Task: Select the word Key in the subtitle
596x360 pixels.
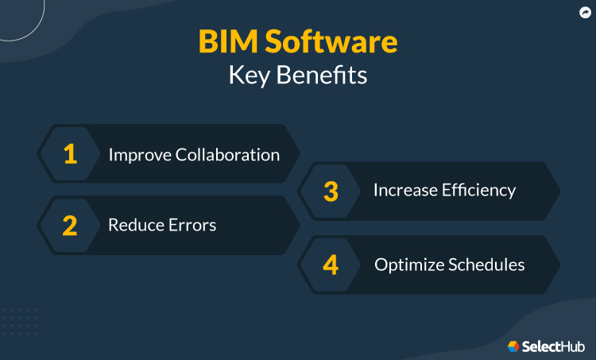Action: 249,75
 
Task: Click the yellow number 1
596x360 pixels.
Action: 70,154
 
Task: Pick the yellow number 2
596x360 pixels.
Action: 70,226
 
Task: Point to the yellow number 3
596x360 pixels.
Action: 331,192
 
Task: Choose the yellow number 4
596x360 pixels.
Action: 331,265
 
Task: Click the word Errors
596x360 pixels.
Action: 190,226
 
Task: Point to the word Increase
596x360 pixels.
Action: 404,191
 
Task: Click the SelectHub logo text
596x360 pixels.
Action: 553,346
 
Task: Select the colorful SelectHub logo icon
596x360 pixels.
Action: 514,346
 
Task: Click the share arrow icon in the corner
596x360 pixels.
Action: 584,12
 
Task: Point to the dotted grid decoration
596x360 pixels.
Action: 19,322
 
